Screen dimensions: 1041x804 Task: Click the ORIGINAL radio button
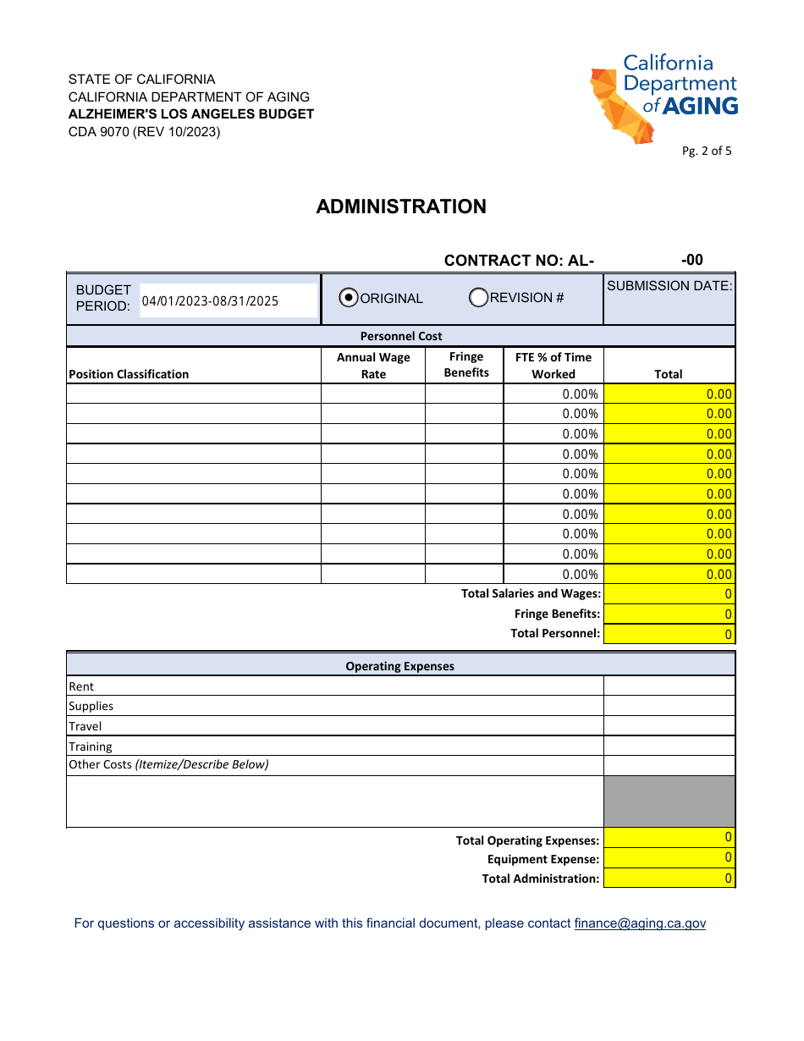(349, 298)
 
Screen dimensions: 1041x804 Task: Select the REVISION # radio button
(479, 297)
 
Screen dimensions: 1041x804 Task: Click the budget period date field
(228, 300)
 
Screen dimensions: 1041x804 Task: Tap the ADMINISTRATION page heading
(401, 207)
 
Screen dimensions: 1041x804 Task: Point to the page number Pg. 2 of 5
(707, 151)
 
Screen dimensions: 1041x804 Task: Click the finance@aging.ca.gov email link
(639, 923)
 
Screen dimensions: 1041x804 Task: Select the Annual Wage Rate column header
(373, 366)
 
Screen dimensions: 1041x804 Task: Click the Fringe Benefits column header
(466, 365)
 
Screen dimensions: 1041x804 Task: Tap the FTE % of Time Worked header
(553, 366)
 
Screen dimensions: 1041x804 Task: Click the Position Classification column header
(129, 374)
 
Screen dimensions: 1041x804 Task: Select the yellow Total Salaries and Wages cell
(669, 594)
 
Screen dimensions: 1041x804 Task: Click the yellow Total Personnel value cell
(669, 634)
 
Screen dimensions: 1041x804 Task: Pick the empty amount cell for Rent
(669, 686)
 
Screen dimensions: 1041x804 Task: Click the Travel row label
(85, 726)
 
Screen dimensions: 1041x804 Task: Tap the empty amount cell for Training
(669, 746)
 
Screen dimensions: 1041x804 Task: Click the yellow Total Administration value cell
(669, 879)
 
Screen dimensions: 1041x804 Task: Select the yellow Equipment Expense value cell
(669, 858)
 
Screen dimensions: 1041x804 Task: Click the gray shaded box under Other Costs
(669, 801)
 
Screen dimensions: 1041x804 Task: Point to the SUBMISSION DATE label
(669, 286)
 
